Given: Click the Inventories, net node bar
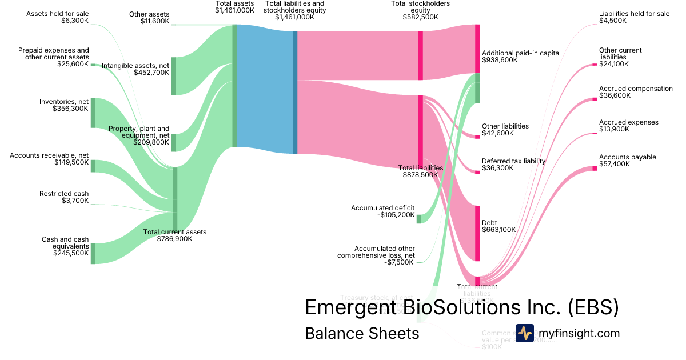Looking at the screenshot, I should pos(93,113).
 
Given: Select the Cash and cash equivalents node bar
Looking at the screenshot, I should pos(93,253).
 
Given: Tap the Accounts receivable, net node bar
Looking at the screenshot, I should pos(93,166).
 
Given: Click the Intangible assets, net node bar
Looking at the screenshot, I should pos(173,76).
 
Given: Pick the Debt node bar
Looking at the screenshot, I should pos(477,233).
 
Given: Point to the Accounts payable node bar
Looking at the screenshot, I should pos(595,168).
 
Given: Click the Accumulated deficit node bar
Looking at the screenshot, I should pos(418,219).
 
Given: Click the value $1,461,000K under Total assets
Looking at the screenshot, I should pos(234,10).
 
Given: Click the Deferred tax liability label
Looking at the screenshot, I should pos(514,161).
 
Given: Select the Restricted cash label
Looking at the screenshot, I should pos(64,194).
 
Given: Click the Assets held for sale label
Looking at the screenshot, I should pos(58,14).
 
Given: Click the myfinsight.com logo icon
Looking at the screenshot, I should pos(524,333).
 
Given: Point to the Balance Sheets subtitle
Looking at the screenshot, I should pos(362,333).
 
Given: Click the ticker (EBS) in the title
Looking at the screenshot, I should pos(593,307).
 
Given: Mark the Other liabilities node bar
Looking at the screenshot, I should pos(477,137).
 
